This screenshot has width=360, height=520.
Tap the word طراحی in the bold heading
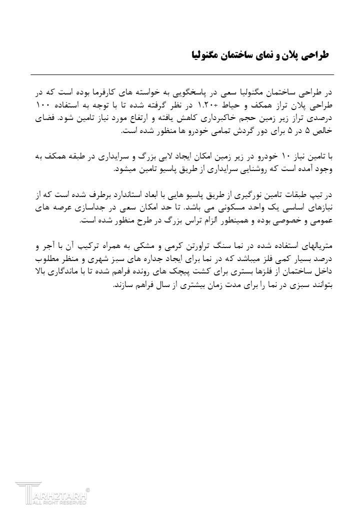[315, 54]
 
